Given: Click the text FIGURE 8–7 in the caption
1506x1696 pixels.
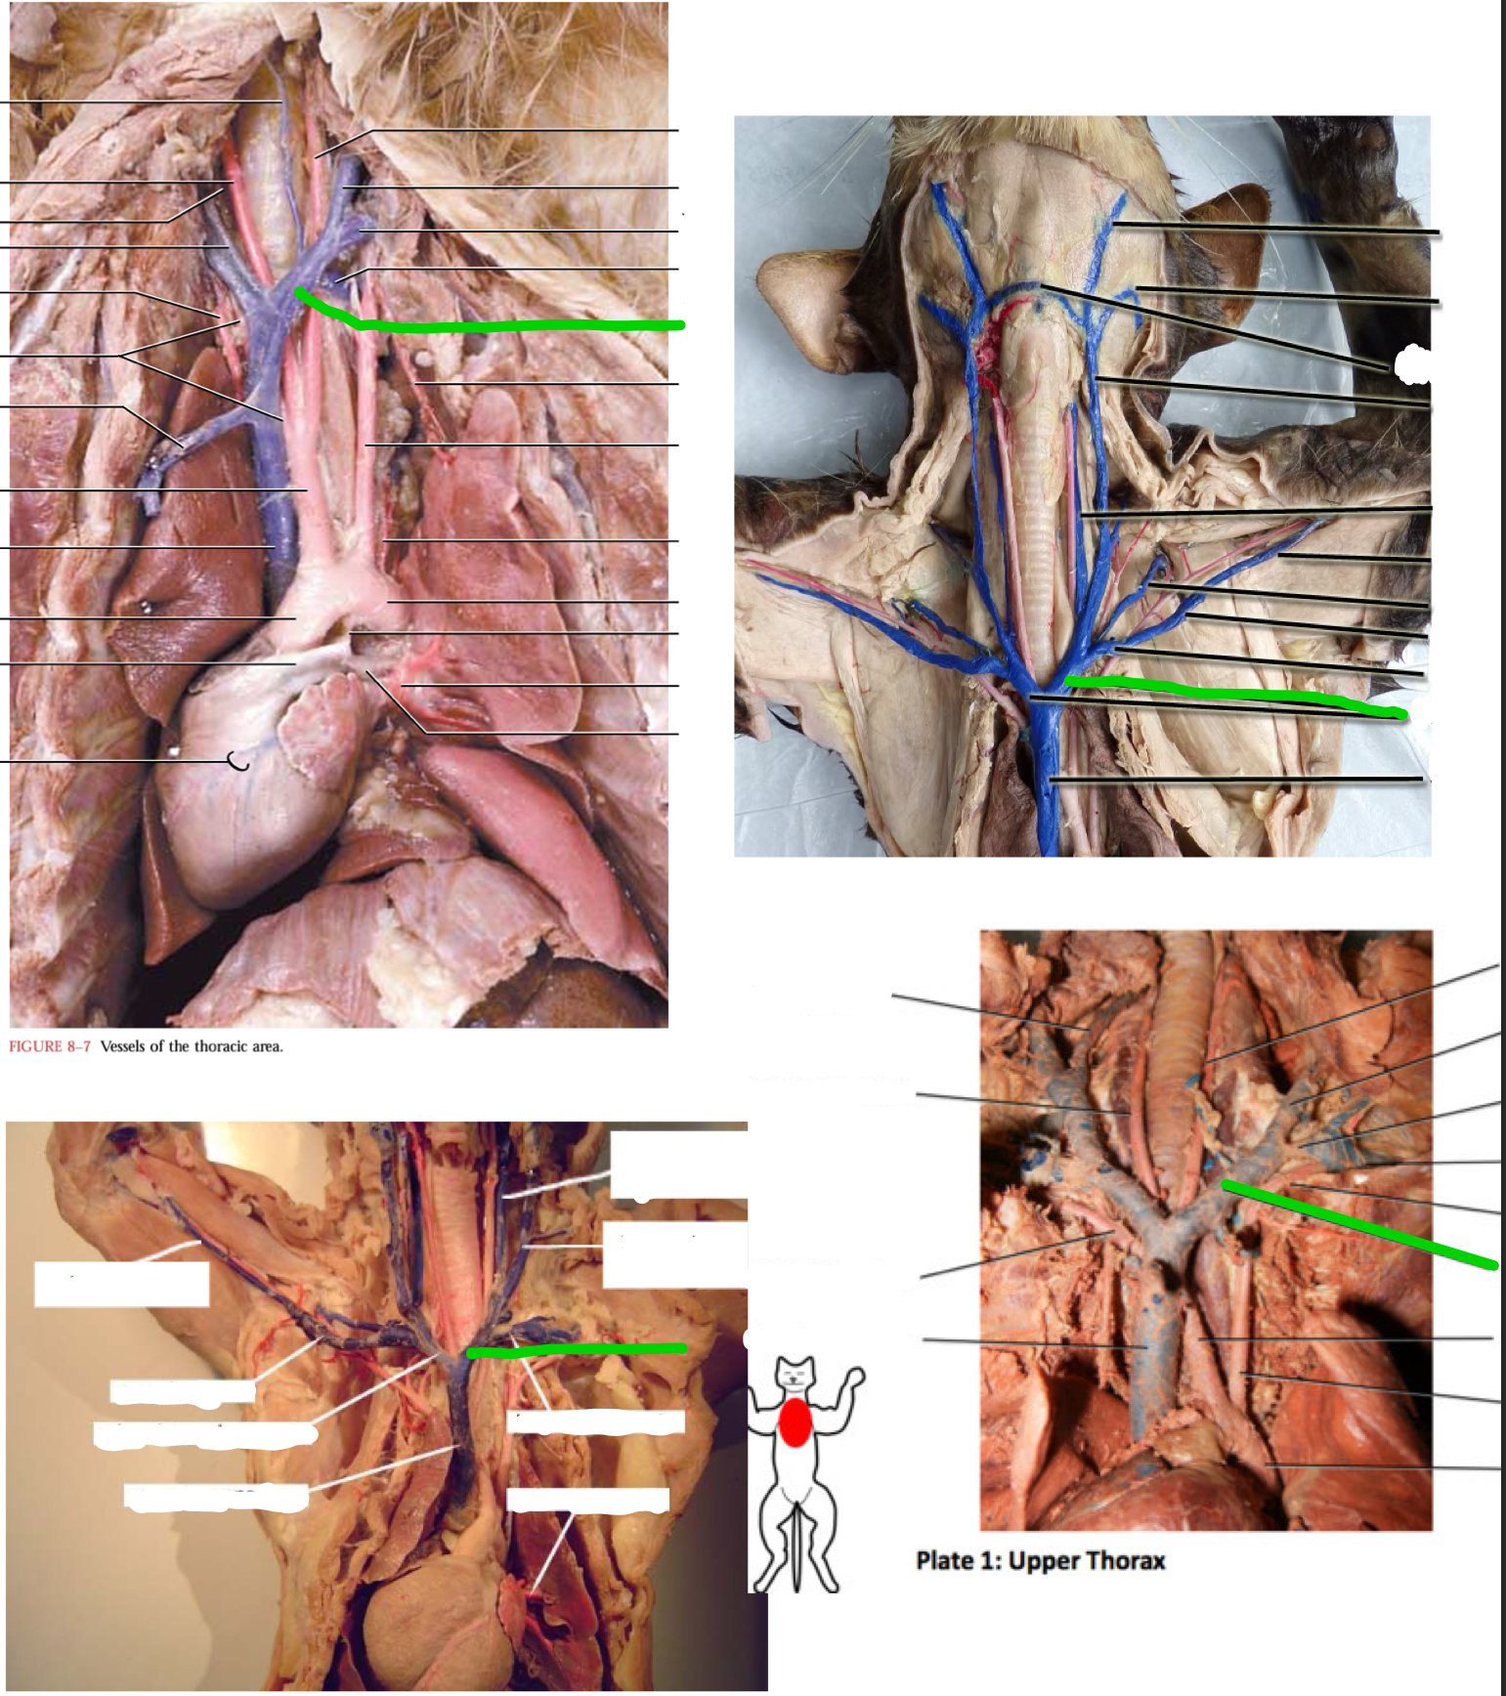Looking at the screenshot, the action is coord(49,1046).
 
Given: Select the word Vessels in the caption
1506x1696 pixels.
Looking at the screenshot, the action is coord(123,1046).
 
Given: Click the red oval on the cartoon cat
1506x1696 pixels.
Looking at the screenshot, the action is coord(795,1422).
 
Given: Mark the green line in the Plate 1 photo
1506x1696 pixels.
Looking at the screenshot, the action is coord(1358,1226).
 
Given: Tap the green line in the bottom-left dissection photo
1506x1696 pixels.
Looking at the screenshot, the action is coord(577,1350).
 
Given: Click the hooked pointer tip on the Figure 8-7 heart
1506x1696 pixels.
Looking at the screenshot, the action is coord(237,761).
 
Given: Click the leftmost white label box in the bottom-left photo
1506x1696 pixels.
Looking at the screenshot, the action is coord(121,1284).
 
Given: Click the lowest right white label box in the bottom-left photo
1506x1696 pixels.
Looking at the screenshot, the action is coord(587,1500).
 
